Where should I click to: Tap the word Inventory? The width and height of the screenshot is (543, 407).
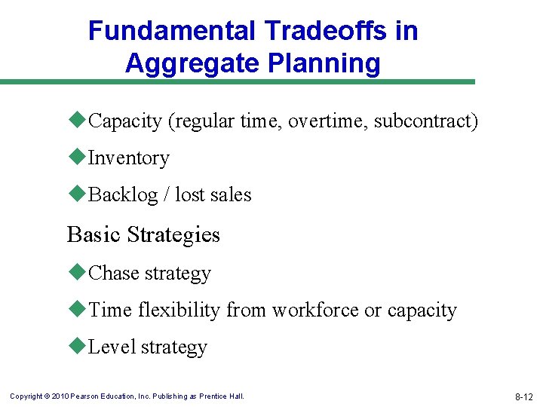(129, 158)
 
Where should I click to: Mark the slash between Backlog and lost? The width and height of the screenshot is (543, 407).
(167, 195)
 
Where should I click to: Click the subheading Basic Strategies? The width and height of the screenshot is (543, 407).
(143, 234)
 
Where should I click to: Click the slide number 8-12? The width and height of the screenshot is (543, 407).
(523, 396)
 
